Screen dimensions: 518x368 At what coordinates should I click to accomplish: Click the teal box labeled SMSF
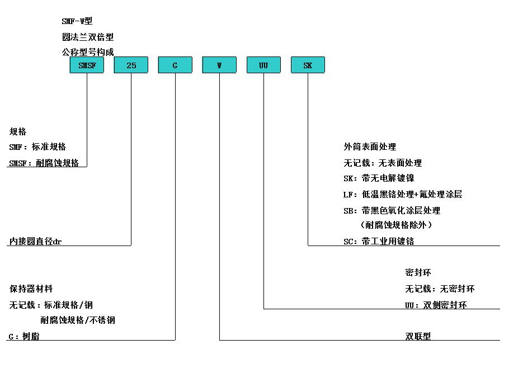point(87,65)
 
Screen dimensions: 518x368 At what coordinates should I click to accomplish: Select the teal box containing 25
point(131,65)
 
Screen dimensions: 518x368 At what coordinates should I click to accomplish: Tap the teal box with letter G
point(175,65)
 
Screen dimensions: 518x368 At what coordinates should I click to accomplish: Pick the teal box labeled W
point(219,65)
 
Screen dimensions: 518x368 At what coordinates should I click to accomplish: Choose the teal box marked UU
point(263,65)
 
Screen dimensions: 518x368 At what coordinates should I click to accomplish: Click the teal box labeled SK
point(308,65)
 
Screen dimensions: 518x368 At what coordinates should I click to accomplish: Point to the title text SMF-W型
point(77,21)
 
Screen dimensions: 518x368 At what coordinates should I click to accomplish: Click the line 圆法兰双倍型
point(88,37)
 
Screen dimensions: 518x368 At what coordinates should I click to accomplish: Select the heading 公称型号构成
point(88,52)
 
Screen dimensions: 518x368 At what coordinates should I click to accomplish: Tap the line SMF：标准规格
point(37,147)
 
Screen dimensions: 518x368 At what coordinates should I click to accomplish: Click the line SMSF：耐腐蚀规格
point(44,163)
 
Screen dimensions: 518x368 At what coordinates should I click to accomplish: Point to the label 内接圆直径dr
point(35,241)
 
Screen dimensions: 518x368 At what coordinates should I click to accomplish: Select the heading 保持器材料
point(31,289)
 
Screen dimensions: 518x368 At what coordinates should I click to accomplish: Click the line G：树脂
point(24,336)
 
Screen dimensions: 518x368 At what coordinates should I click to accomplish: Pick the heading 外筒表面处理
point(370,147)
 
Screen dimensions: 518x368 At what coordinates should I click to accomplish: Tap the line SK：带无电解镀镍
point(379,178)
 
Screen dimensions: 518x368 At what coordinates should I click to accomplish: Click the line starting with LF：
point(403,194)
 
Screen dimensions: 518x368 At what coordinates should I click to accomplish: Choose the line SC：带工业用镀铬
point(379,241)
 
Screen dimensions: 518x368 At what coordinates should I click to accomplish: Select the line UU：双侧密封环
point(436,305)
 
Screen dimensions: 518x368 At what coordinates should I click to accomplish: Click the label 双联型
point(418,336)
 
